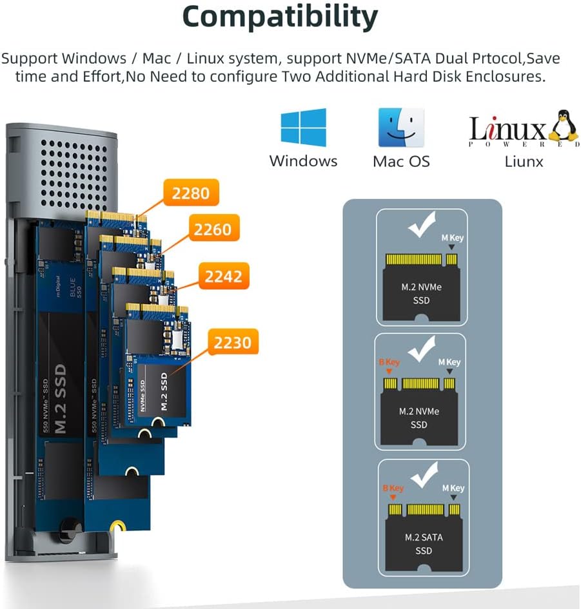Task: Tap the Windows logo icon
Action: [x=304, y=128]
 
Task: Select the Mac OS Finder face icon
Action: [x=401, y=128]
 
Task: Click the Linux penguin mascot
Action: [x=563, y=125]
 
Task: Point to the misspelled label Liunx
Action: [x=524, y=162]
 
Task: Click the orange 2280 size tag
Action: [x=191, y=193]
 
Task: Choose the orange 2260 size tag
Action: [x=213, y=229]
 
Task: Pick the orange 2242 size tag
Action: [x=224, y=276]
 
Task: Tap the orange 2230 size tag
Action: [x=233, y=342]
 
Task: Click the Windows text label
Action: [x=304, y=161]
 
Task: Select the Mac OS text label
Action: [x=401, y=162]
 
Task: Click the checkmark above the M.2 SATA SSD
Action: [x=424, y=474]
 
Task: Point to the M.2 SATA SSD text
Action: [x=424, y=544]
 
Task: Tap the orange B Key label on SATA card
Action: [x=393, y=488]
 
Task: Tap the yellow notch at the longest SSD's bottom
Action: [x=117, y=527]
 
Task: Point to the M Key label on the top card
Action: [x=453, y=238]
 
